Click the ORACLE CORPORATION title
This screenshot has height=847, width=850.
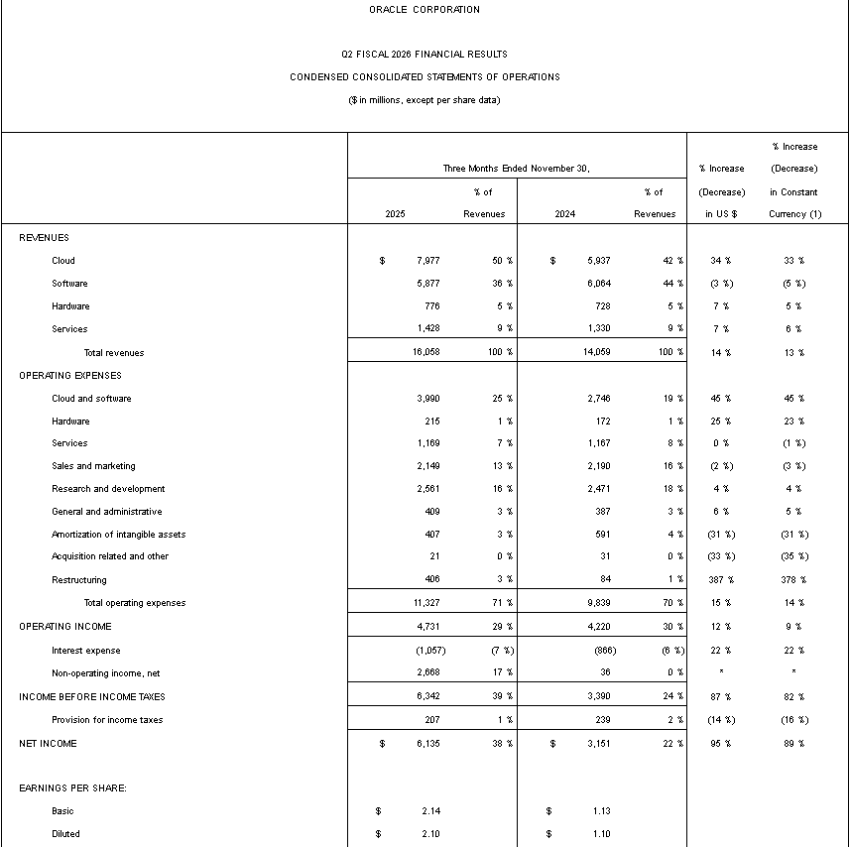click(424, 10)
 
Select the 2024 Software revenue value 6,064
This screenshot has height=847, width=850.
click(598, 284)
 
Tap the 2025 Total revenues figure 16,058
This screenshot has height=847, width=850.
click(424, 352)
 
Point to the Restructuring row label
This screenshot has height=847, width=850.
click(79, 580)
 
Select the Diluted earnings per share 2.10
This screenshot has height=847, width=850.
click(430, 834)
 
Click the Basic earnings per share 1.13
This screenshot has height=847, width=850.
click(601, 811)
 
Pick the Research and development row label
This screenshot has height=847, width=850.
click(108, 489)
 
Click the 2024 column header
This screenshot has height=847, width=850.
click(564, 214)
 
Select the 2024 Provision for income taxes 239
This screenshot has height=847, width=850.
click(603, 720)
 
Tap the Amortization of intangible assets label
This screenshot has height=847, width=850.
click(118, 535)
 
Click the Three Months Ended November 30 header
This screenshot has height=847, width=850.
click(516, 169)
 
